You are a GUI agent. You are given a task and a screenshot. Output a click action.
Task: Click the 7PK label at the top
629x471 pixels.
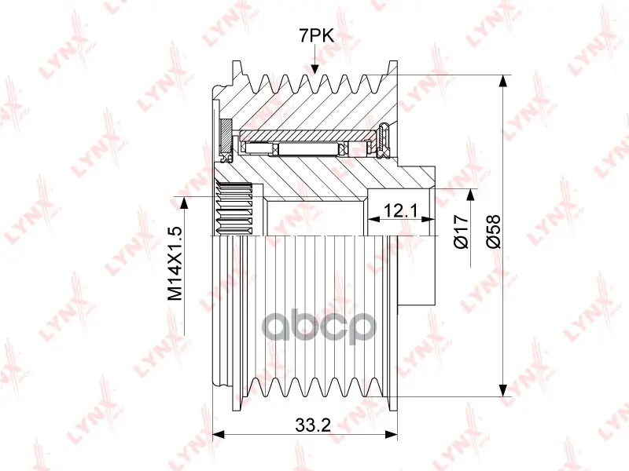tap(316, 36)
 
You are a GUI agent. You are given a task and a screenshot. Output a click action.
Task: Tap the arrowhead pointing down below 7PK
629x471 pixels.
tap(315, 68)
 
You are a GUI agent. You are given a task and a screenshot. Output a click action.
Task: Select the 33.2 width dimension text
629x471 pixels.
tap(313, 425)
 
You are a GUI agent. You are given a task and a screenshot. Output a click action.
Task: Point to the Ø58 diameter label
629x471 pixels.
tap(494, 232)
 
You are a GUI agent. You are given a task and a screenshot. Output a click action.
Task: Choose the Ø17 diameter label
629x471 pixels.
tap(461, 232)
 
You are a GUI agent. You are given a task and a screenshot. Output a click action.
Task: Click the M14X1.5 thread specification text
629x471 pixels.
tap(175, 264)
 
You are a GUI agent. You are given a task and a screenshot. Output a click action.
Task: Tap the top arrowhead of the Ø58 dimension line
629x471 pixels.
tap(502, 82)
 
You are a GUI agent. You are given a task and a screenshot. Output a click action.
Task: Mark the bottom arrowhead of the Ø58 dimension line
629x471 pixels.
tap(502, 389)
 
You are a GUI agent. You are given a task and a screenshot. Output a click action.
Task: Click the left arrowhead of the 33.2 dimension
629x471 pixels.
tap(219, 435)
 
